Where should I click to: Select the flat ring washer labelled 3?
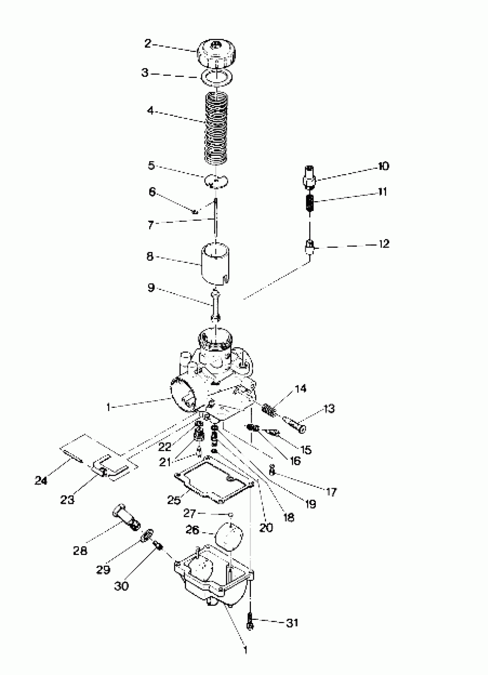pos(216,77)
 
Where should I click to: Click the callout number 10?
pos(383,166)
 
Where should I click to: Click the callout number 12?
pos(384,244)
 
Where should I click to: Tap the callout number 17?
pos(331,492)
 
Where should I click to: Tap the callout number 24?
pos(41,480)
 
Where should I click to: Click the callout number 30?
pos(121,586)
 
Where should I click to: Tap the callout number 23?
pos(67,500)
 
